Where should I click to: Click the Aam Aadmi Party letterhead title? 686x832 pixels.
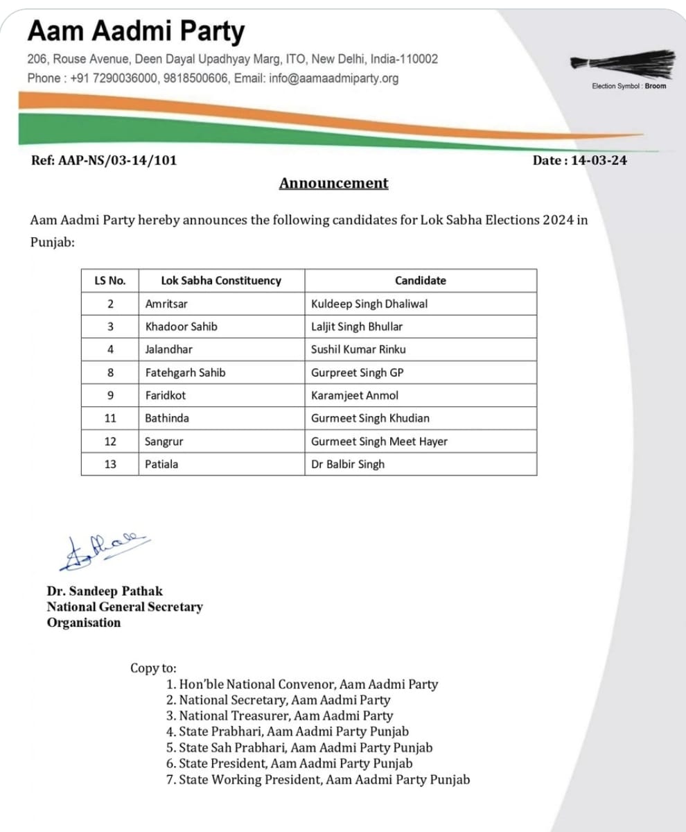(136, 32)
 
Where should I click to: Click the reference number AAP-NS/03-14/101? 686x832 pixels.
(104, 160)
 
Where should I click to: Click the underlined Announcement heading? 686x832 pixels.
(333, 183)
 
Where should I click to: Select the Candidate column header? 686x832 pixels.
(420, 281)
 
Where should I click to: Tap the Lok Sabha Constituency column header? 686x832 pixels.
(220, 281)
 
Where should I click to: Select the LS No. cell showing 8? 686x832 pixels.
(109, 372)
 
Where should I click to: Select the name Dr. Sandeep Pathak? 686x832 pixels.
(104, 591)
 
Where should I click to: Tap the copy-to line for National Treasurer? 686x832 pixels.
(284, 716)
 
